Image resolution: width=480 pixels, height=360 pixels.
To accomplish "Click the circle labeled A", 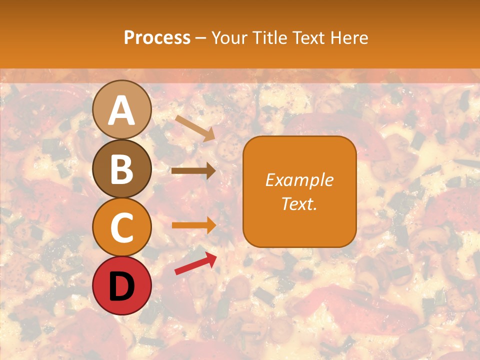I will [121, 109].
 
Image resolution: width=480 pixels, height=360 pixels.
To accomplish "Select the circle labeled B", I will [121, 168].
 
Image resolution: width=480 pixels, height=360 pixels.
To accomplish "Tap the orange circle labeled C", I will [121, 227].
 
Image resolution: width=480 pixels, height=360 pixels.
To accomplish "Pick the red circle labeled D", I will [121, 286].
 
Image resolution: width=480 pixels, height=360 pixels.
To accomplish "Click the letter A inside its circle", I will [121, 110].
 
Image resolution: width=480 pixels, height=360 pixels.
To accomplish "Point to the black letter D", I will [121, 286].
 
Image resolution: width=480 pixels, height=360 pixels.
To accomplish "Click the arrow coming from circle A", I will [195, 128].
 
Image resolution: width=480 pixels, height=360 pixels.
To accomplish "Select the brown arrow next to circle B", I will [193, 171].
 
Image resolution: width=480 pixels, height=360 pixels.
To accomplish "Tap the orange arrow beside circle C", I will [193, 225].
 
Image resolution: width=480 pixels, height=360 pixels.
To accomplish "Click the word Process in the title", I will [157, 37].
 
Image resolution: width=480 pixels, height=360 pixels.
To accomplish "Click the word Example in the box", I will [299, 180].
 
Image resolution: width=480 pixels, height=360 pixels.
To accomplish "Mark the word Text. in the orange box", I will [299, 204].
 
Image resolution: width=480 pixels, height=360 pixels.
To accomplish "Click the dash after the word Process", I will [201, 38].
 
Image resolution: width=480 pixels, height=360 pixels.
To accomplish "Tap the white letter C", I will [121, 228].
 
